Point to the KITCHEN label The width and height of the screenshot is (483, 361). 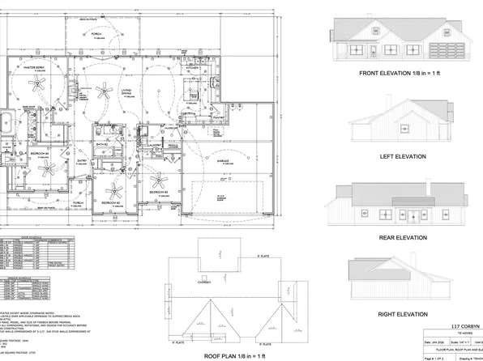pyautogui.click(x=191, y=68)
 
